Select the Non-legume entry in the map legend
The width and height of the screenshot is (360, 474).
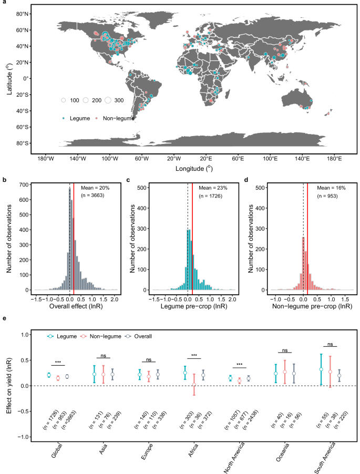tap(119, 118)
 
